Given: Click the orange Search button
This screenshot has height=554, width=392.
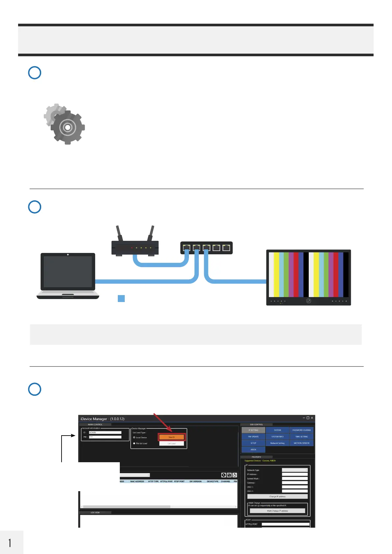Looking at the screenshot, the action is (x=172, y=437).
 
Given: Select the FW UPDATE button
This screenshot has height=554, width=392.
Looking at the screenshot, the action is (x=253, y=437).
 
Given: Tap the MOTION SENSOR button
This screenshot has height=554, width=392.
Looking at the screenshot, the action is (x=301, y=443).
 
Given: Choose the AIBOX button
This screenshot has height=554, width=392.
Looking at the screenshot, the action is (x=253, y=449).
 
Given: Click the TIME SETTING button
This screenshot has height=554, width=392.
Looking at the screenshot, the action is (x=301, y=437).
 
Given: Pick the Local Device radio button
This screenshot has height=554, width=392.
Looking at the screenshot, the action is (x=134, y=438).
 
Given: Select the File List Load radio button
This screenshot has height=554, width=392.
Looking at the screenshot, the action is (x=134, y=443).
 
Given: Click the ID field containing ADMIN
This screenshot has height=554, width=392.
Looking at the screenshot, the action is (x=105, y=433).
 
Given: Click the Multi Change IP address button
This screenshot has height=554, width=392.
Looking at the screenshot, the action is (x=277, y=511).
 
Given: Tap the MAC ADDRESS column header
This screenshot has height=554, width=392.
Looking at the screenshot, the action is (x=137, y=481).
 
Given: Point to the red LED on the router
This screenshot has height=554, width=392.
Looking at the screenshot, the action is (x=132, y=248).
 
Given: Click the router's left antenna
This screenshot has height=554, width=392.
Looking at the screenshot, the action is (x=119, y=233).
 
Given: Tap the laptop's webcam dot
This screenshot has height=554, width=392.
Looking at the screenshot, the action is (x=68, y=255).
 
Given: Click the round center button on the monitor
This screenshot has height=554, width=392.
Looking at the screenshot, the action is (x=308, y=301).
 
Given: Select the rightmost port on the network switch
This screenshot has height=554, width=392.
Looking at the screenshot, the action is (x=226, y=248).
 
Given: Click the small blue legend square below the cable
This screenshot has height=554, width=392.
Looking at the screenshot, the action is (x=121, y=298).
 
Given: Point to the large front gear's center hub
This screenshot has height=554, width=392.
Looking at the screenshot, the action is (x=67, y=127).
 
